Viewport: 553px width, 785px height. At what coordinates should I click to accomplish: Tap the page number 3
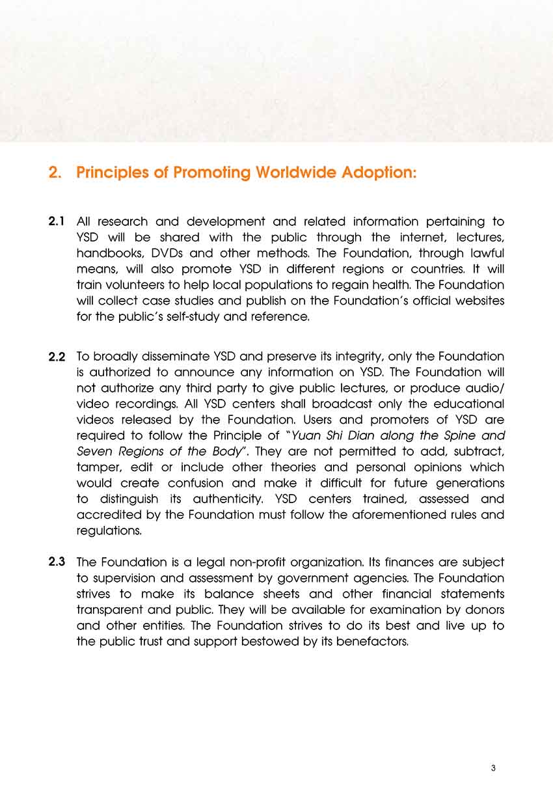[494, 768]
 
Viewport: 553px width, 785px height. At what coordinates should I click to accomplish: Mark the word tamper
[97, 467]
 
